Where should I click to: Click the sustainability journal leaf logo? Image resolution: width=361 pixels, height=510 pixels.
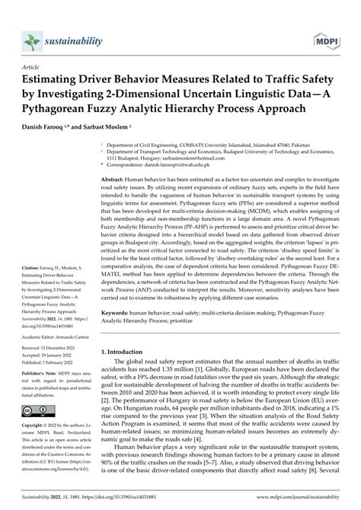tap(30, 18)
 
